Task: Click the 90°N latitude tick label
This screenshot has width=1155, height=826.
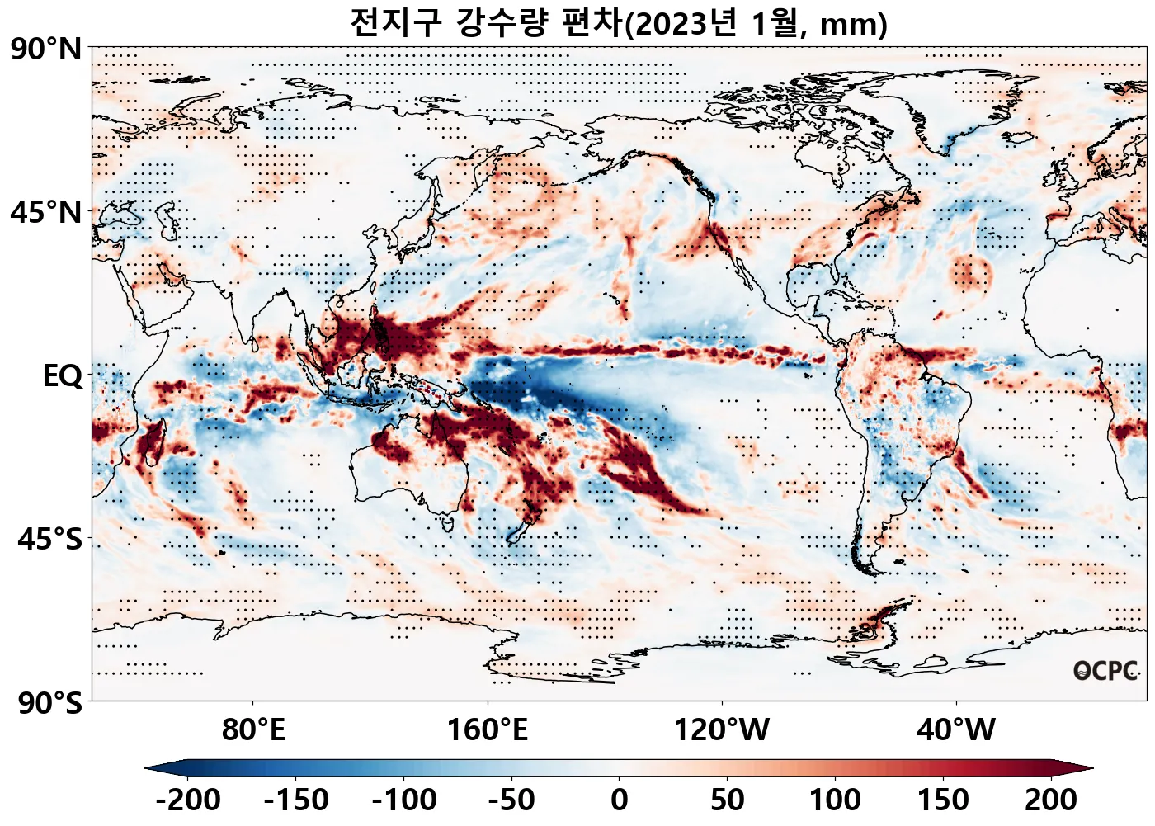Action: click(x=46, y=49)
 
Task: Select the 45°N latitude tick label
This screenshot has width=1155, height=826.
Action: click(x=46, y=212)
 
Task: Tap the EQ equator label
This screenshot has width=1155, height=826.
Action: click(x=63, y=376)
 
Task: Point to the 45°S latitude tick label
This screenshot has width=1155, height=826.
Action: click(x=49, y=540)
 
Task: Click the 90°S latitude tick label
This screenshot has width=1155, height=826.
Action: click(x=49, y=703)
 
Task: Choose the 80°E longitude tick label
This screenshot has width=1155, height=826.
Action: click(x=253, y=730)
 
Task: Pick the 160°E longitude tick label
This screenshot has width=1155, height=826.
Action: click(x=487, y=730)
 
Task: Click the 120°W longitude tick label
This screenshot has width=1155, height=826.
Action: click(x=722, y=730)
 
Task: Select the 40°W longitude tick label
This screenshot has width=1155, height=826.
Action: click(x=956, y=730)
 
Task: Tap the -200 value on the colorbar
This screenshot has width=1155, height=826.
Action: click(x=187, y=800)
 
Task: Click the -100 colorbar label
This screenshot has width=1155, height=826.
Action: click(x=403, y=800)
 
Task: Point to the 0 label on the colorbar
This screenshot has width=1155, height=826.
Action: click(x=620, y=800)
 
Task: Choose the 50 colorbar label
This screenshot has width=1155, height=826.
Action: click(x=728, y=800)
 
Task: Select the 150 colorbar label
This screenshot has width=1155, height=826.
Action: click(x=943, y=800)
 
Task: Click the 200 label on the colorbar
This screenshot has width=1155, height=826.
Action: click(x=1050, y=800)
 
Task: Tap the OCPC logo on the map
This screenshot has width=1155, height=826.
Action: click(x=1105, y=671)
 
